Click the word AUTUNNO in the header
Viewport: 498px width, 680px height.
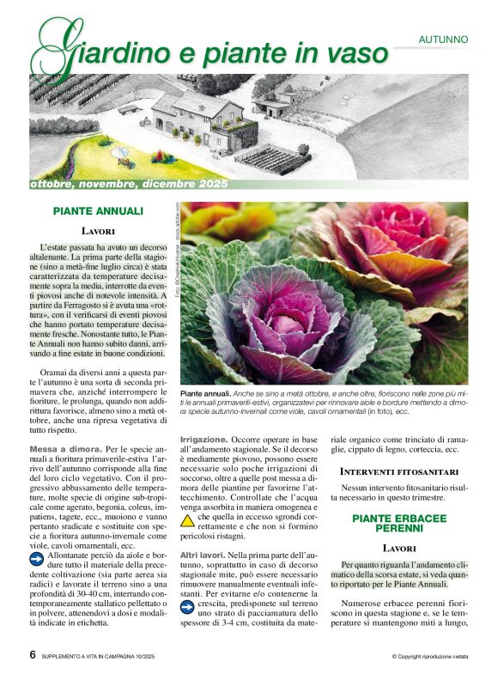point(455,39)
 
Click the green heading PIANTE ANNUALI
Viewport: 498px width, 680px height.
point(98,210)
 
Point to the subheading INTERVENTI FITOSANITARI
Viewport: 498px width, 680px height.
point(398,472)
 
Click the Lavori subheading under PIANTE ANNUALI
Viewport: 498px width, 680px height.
point(99,231)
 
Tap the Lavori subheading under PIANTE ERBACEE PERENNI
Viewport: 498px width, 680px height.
point(399,548)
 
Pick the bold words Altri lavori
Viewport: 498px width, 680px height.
point(203,557)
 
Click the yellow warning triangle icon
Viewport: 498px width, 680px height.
point(187,519)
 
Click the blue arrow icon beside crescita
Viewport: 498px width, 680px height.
point(187,607)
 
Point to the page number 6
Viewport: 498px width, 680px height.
point(33,655)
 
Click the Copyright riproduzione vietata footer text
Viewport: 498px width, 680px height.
point(430,657)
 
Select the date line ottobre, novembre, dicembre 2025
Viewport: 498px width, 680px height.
point(129,185)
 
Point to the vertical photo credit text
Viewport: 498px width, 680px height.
point(177,249)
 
